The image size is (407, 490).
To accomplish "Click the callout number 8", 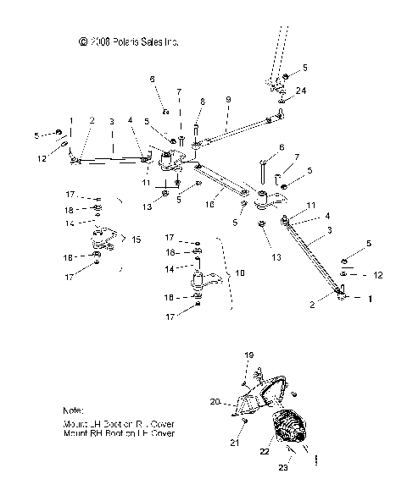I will [201, 101].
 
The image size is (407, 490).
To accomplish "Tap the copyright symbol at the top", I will [82, 41].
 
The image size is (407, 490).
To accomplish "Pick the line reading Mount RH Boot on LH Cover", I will [119, 433].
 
